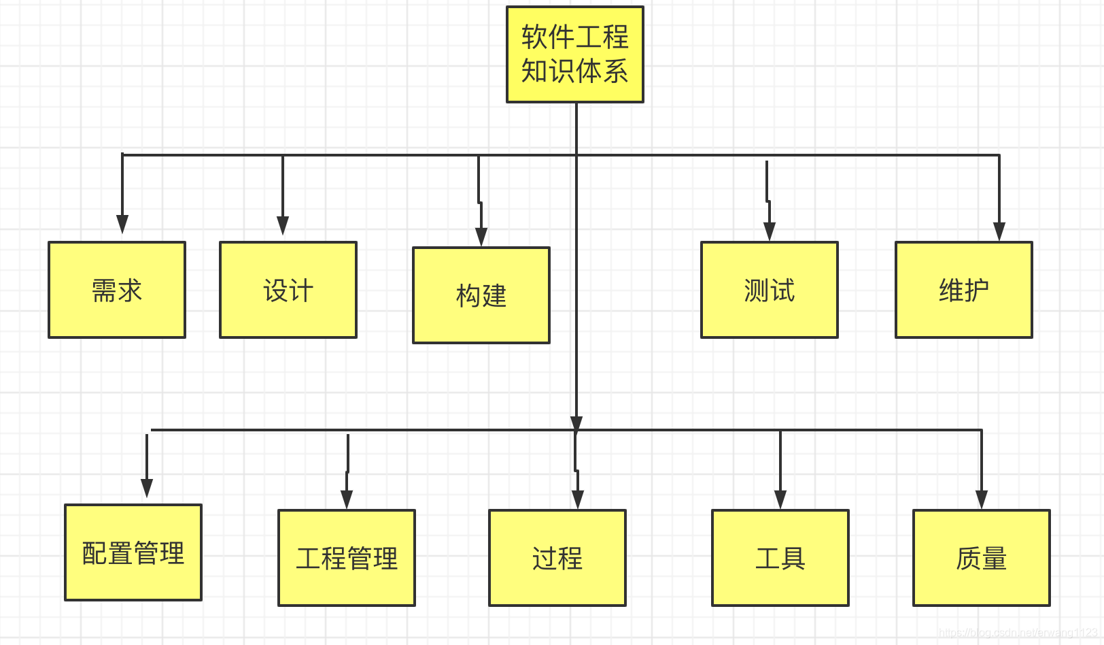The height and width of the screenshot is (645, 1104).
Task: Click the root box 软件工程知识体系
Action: coord(575,54)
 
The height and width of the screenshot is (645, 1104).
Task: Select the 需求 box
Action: coord(117,290)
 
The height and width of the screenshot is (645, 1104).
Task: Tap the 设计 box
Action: coord(288,290)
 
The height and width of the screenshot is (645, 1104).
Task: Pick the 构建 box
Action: coord(481,295)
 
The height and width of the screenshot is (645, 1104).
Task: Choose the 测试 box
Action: coord(770,290)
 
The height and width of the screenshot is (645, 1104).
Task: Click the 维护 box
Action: coord(964,290)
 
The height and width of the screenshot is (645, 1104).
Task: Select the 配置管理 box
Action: coord(133,552)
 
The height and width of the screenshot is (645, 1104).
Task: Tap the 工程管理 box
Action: coord(347,558)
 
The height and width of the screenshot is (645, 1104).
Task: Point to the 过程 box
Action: coord(557,558)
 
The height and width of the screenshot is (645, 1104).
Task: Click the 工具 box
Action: coord(780,558)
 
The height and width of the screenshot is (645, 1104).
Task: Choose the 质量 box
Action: coord(982,558)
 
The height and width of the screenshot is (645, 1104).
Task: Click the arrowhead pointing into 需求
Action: coord(122,225)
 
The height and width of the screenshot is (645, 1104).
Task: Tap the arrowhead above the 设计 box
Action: coord(283,226)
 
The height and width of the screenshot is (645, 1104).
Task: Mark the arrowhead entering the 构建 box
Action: coord(481,237)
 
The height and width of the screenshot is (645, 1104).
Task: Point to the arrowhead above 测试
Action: coord(770,231)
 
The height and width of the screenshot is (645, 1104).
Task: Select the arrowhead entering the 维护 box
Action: coord(999,231)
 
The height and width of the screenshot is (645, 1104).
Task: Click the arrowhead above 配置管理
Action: coord(147,488)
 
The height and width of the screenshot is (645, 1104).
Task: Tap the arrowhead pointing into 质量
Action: coord(982,499)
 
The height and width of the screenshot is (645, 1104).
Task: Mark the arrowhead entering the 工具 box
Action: coord(780,499)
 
